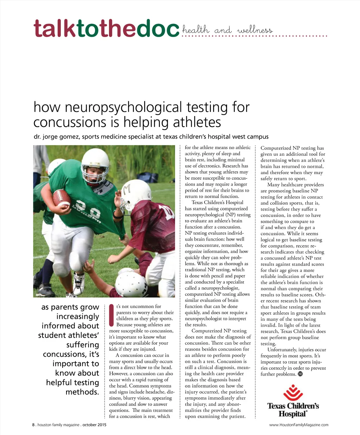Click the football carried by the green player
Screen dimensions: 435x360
(62, 198)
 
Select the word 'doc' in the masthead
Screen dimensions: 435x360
(158, 28)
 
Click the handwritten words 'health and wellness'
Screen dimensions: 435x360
(227, 30)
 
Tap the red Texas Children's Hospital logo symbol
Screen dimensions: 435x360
(293, 393)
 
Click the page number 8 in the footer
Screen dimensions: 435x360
(33, 425)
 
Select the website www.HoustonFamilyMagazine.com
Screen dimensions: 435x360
(298, 425)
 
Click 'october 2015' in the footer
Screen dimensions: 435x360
(94, 425)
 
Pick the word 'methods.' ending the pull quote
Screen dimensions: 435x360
(82, 392)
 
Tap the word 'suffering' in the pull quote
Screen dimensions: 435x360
(83, 345)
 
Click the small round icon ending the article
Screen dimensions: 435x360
(300, 374)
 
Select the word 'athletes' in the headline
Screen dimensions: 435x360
(197, 122)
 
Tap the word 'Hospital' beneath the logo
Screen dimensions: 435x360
(292, 414)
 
